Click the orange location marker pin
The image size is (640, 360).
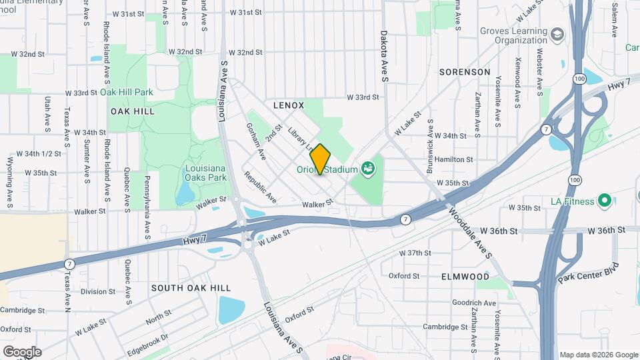pyautogui.click(x=321, y=159)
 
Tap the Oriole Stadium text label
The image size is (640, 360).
pyautogui.click(x=328, y=170)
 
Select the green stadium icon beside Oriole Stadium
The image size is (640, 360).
pyautogui.click(x=367, y=169)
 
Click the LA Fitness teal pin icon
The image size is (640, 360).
pyautogui.click(x=605, y=199)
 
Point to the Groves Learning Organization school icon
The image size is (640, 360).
pyautogui.click(x=558, y=32)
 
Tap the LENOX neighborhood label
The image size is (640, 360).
pyautogui.click(x=289, y=105)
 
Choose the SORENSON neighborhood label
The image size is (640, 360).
pyautogui.click(x=465, y=71)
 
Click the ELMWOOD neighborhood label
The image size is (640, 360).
pyautogui.click(x=465, y=276)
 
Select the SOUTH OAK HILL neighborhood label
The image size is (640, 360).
pyautogui.click(x=191, y=288)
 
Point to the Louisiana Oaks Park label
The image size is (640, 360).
pyautogui.click(x=205, y=173)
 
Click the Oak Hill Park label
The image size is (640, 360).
pyautogui.click(x=127, y=92)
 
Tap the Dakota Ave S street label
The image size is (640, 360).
pyautogui.click(x=385, y=55)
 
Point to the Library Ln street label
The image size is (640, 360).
pyautogui.click(x=300, y=136)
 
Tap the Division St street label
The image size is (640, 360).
pyautogui.click(x=98, y=291)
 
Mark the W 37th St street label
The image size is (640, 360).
pyautogui.click(x=415, y=253)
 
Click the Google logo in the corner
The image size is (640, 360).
pyautogui.click(x=22, y=351)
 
